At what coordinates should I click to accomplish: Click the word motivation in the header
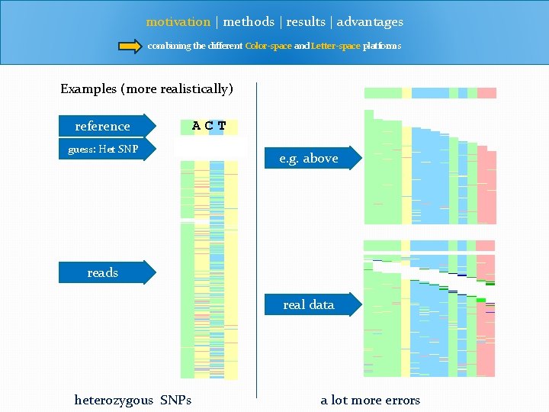pos(178,22)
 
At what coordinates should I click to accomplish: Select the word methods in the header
pos(249,22)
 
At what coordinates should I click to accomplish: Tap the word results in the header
pos(305,22)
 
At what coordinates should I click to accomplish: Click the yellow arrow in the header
pos(130,46)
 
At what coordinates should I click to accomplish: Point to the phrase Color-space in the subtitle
pos(268,46)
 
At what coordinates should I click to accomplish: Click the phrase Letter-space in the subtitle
pos(335,46)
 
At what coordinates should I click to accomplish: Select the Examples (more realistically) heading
pos(146,89)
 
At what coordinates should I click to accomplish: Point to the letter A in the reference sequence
pos(197,126)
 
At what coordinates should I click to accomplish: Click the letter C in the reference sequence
pos(209,126)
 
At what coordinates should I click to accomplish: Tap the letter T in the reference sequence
pos(222,126)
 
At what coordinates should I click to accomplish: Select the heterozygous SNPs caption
pos(133,400)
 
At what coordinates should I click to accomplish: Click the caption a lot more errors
pos(370,400)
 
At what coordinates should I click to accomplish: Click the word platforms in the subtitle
pos(382,46)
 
